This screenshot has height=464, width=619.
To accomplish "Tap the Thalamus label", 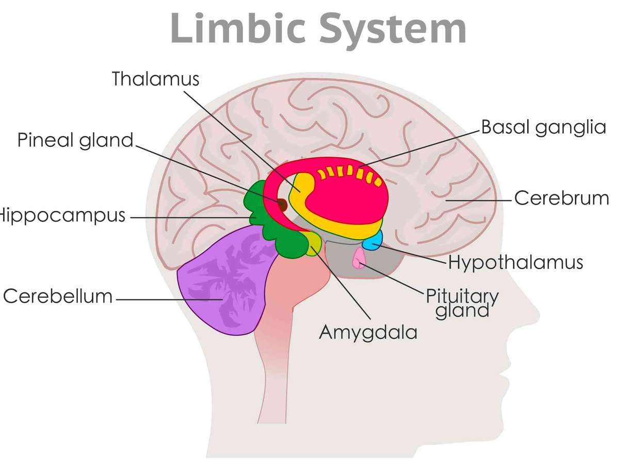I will [x=155, y=79].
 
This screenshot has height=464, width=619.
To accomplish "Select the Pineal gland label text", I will [x=76, y=140].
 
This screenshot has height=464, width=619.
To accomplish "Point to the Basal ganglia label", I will [x=543, y=127].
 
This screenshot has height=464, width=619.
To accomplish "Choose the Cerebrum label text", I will [x=562, y=198].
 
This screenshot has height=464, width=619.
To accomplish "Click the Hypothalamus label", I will [x=515, y=262].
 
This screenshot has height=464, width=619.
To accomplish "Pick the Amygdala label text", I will [x=368, y=332].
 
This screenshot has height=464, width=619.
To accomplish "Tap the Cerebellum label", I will [x=58, y=296].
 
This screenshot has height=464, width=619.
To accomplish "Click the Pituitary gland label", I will [x=462, y=303].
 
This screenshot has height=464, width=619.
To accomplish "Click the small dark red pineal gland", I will [x=282, y=205].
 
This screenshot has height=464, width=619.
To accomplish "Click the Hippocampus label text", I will [x=62, y=216].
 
